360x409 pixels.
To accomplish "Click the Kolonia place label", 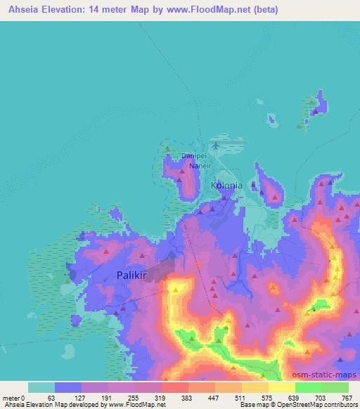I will coord(226,186).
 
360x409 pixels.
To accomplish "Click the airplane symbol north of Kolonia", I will coord(214,145).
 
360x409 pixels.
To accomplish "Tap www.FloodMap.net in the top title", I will coord(210,10).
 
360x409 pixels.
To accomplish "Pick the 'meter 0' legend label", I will coord(13,397).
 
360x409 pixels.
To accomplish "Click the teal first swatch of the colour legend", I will coord(41,387).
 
